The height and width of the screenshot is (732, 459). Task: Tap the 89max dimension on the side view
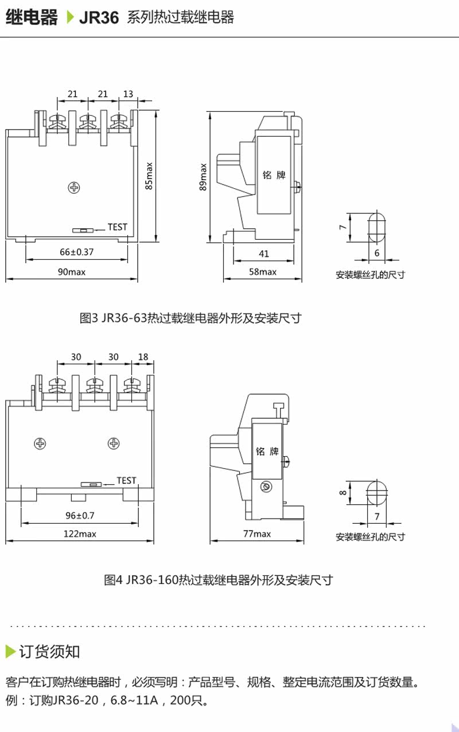pos(203,177)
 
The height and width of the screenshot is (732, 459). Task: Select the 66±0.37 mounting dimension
pos(76,252)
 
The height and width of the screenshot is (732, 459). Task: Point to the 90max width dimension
pos(72,272)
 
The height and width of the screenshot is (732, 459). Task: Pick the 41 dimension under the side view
pos(263,254)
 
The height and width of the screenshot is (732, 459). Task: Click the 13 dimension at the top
pos(128,94)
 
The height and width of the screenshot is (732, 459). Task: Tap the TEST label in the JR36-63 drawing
pos(117,227)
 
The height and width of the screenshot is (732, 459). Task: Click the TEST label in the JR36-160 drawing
pos(126,481)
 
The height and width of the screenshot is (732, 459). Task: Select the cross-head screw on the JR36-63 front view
pos(74,187)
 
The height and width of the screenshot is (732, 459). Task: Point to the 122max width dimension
pos(80,534)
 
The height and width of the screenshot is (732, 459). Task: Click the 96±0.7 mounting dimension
pos(80,516)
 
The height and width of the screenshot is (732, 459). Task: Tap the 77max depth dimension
pos(256,534)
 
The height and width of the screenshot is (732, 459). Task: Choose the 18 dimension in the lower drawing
pos(143,357)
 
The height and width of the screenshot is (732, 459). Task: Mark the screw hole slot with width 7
pos(376,491)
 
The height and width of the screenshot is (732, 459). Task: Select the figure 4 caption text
pos(218,580)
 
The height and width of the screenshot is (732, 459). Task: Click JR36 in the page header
pos(99,18)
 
